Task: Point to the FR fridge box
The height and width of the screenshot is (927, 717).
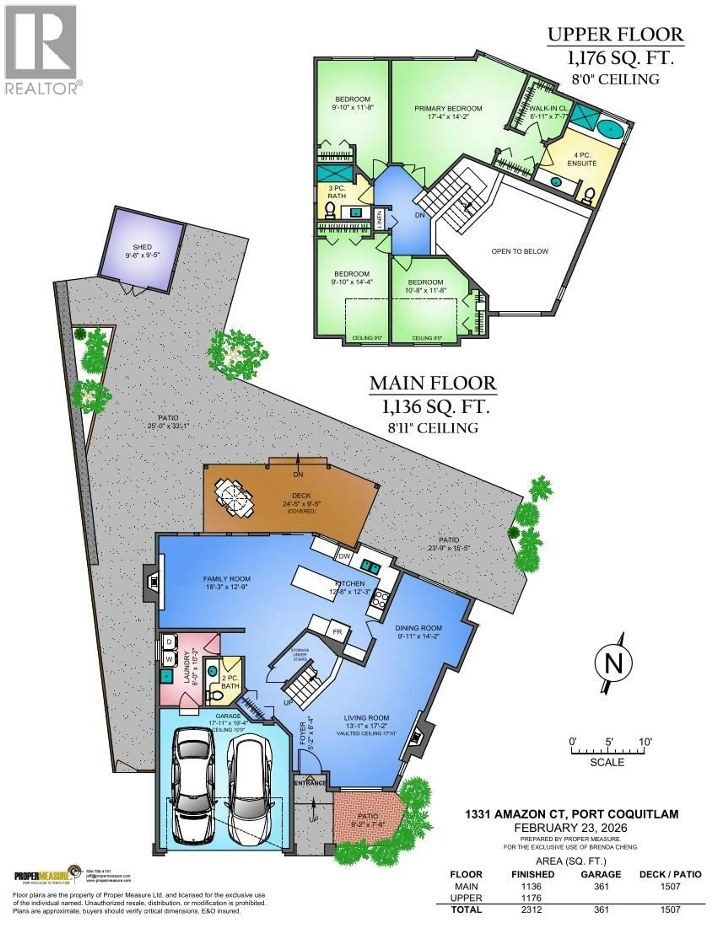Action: tap(337, 632)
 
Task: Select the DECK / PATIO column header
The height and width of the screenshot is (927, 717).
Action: tap(670, 874)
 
